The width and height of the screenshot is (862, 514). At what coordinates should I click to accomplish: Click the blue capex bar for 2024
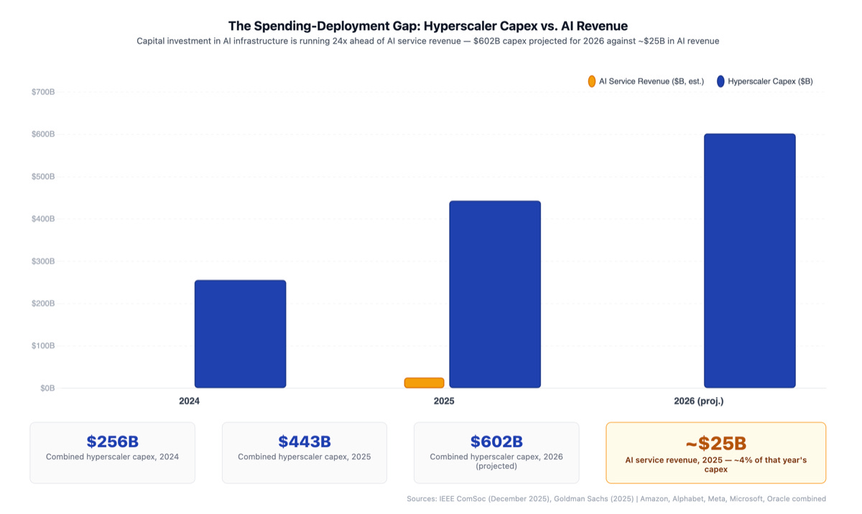tap(240, 334)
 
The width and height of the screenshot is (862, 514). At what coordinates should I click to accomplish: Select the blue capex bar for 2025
tap(494, 294)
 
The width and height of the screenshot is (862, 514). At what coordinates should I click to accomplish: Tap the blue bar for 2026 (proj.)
tap(749, 261)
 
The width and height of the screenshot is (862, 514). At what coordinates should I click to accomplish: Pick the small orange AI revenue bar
tap(424, 383)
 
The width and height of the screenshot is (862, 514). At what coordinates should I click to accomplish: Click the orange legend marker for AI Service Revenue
tap(591, 81)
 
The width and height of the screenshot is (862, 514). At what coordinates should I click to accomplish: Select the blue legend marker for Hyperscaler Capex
tap(720, 81)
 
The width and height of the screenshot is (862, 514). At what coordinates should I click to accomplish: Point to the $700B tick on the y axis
tap(43, 92)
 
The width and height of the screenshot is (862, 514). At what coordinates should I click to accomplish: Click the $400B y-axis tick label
tap(43, 219)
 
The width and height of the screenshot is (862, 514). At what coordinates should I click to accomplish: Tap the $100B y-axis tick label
tap(43, 345)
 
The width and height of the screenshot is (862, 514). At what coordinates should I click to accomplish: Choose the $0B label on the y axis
tap(47, 388)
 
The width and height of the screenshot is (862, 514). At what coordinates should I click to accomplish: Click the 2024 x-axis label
tap(189, 401)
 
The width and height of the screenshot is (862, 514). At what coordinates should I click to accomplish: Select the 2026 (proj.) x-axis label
tap(700, 401)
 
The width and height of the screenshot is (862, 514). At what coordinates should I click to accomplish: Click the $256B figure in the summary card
tap(112, 441)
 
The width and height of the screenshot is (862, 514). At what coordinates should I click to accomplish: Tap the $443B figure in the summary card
tap(304, 441)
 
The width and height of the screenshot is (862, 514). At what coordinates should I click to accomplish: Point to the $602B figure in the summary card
tap(496, 441)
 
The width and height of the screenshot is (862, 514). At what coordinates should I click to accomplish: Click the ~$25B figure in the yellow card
tap(715, 444)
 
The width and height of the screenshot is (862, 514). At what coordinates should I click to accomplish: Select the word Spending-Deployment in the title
tap(313, 26)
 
